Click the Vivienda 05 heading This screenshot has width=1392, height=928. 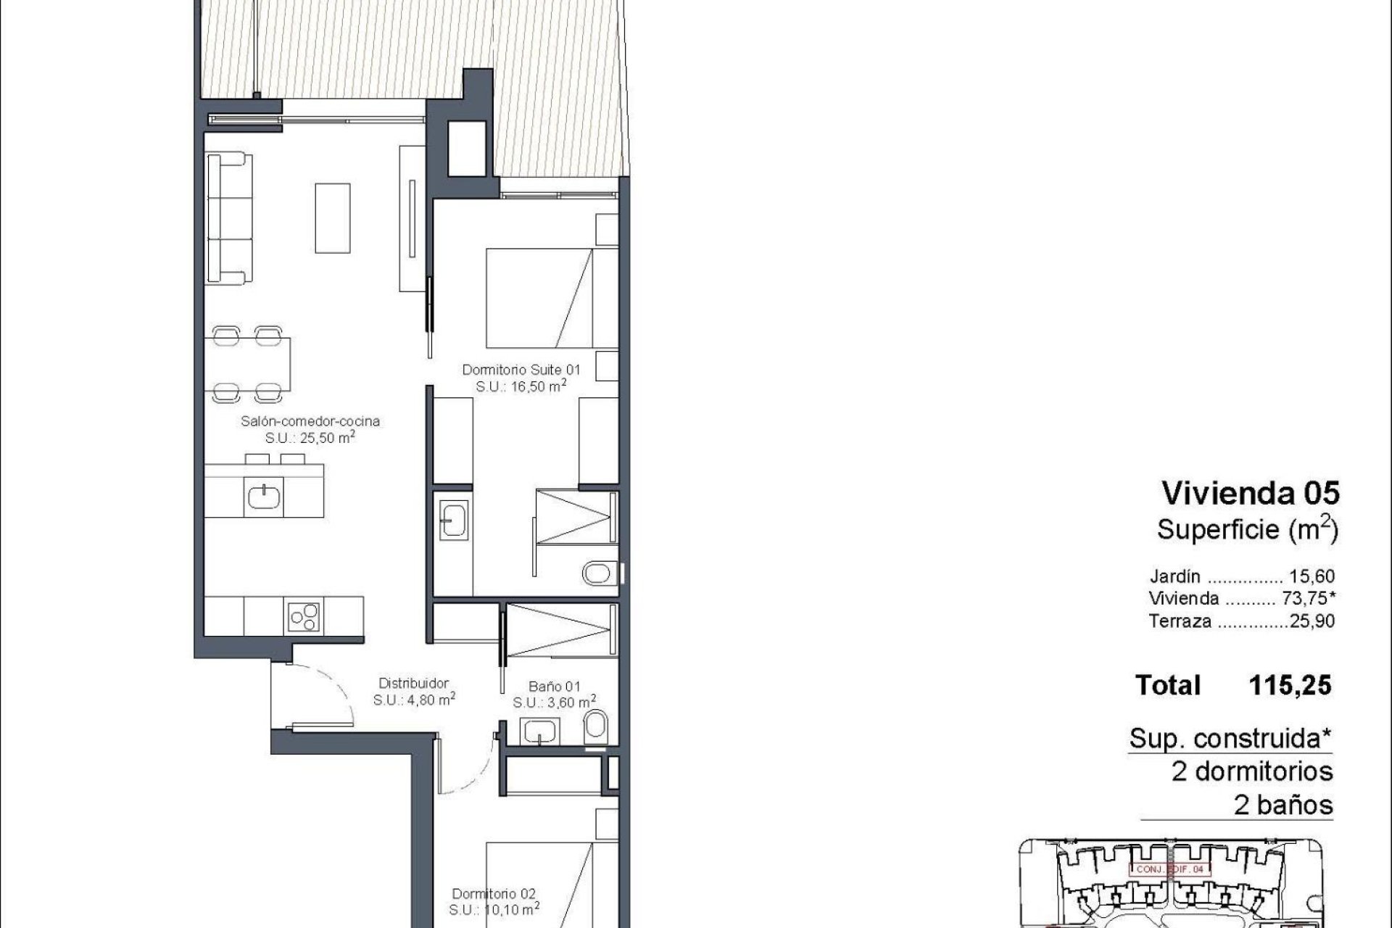1250,494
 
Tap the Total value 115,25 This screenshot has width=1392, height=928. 1290,685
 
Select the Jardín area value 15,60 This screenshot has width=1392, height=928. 1312,577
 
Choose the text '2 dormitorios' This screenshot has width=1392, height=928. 1252,771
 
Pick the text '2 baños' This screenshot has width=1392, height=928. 1283,805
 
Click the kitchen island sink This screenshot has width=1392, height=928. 265,497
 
